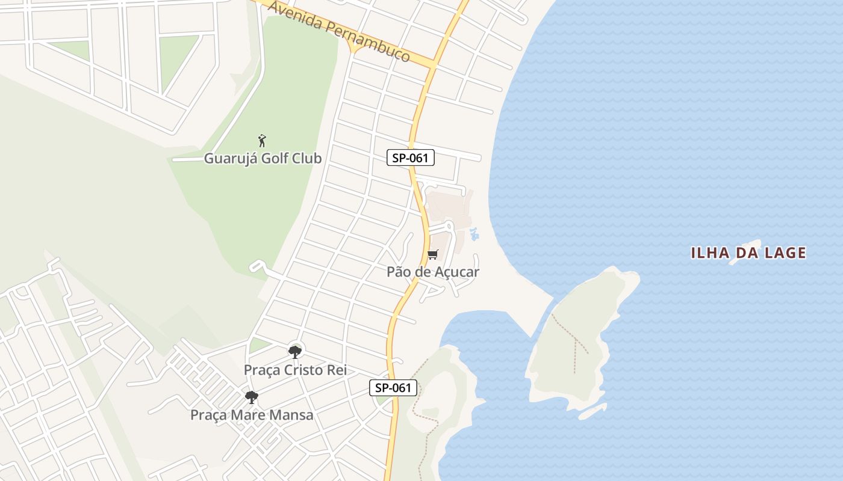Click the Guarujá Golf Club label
point(263,159)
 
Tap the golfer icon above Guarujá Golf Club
point(262,141)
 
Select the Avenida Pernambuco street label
point(339,31)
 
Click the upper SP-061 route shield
point(410,158)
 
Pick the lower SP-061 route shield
point(393,388)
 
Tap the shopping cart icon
point(433,254)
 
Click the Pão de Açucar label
point(432,272)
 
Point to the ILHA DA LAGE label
point(748,253)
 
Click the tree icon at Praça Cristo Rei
point(295,352)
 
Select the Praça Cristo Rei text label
point(295,370)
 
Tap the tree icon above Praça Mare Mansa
point(252,397)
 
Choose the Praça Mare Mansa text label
point(252,415)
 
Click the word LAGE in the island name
point(783,253)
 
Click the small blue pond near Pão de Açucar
point(474,234)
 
